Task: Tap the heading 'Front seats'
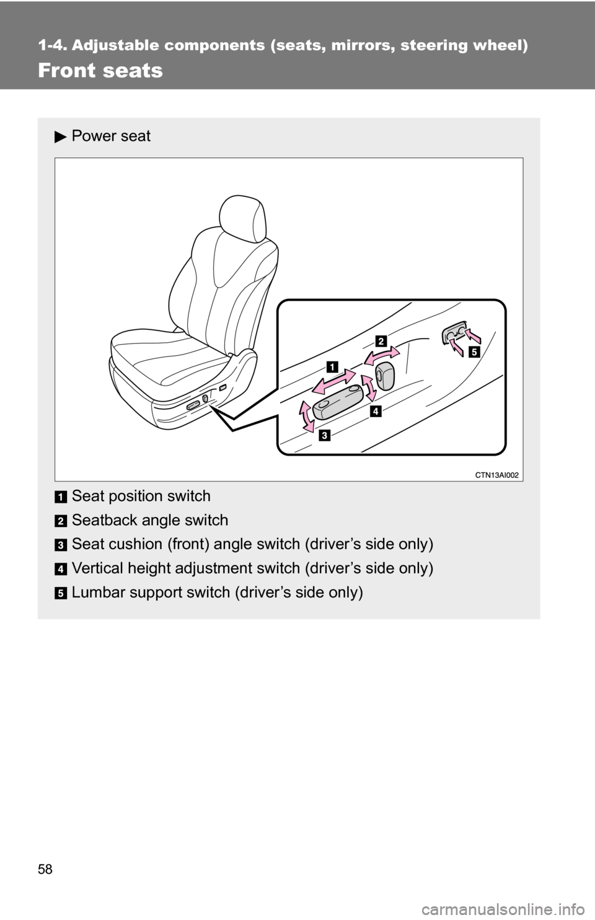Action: (100, 70)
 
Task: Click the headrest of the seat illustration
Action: (243, 219)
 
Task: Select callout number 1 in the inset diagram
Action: (332, 366)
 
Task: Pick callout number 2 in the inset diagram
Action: (381, 342)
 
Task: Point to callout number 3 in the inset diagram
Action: (324, 435)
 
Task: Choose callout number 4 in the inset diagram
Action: (376, 410)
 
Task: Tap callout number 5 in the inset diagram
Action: (475, 352)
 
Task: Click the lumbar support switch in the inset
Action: (454, 332)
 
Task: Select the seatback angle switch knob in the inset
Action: (385, 376)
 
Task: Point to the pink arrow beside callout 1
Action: (333, 382)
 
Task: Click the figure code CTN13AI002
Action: (497, 475)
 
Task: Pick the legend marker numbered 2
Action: (60, 521)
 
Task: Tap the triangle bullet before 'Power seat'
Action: (60, 136)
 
